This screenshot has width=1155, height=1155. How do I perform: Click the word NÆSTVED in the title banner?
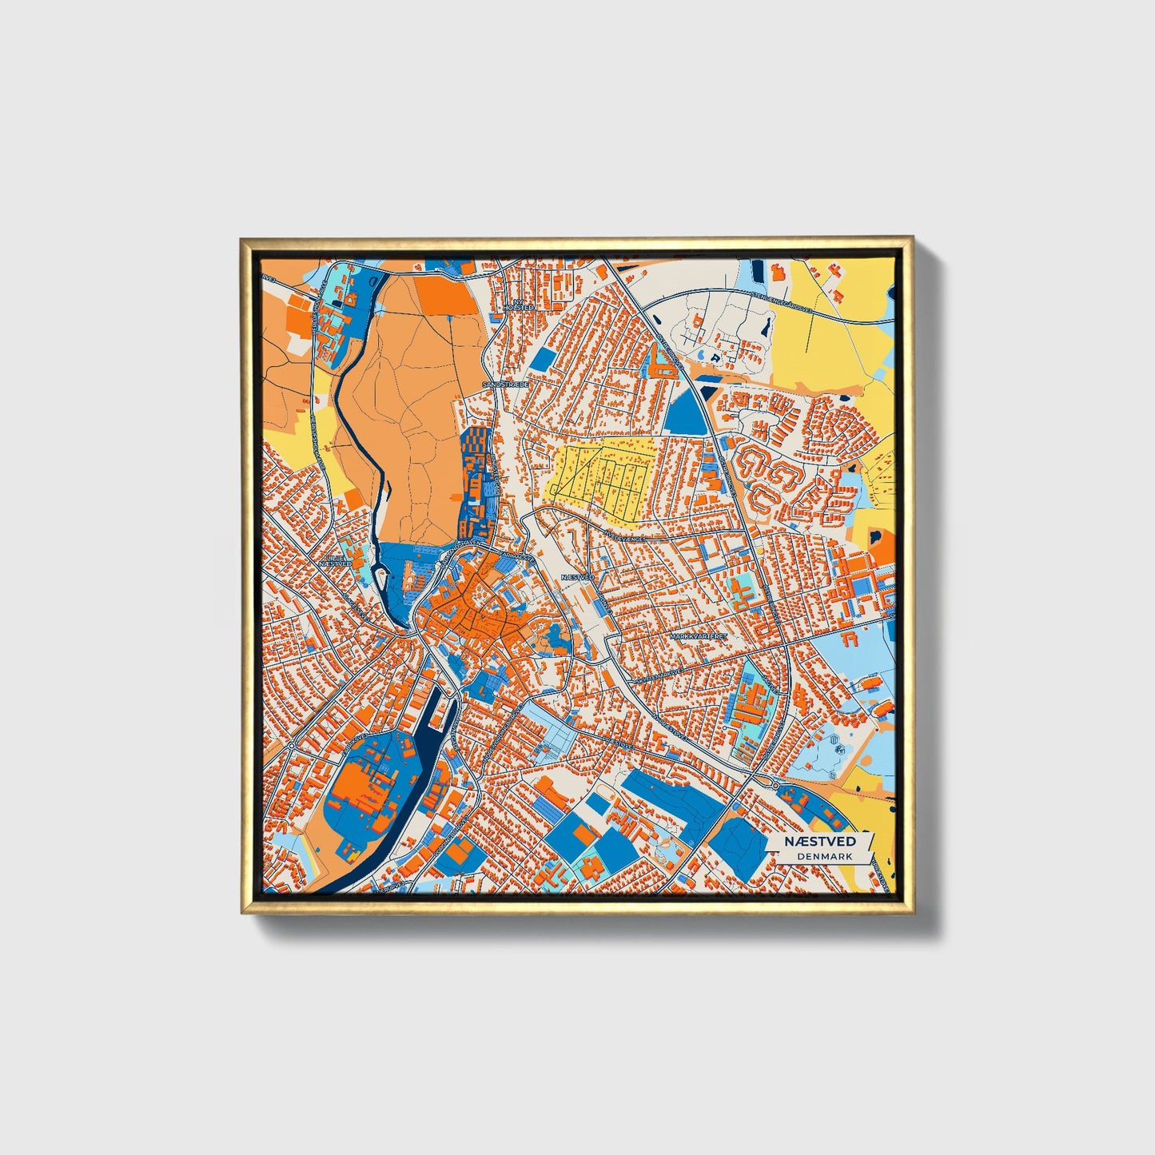tap(819, 842)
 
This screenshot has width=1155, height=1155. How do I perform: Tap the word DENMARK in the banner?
tap(823, 856)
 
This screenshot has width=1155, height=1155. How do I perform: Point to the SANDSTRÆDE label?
tap(505, 384)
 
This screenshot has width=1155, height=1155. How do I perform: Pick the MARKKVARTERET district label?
tap(698, 636)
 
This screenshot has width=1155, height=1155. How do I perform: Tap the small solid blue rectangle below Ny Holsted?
tap(541, 360)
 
